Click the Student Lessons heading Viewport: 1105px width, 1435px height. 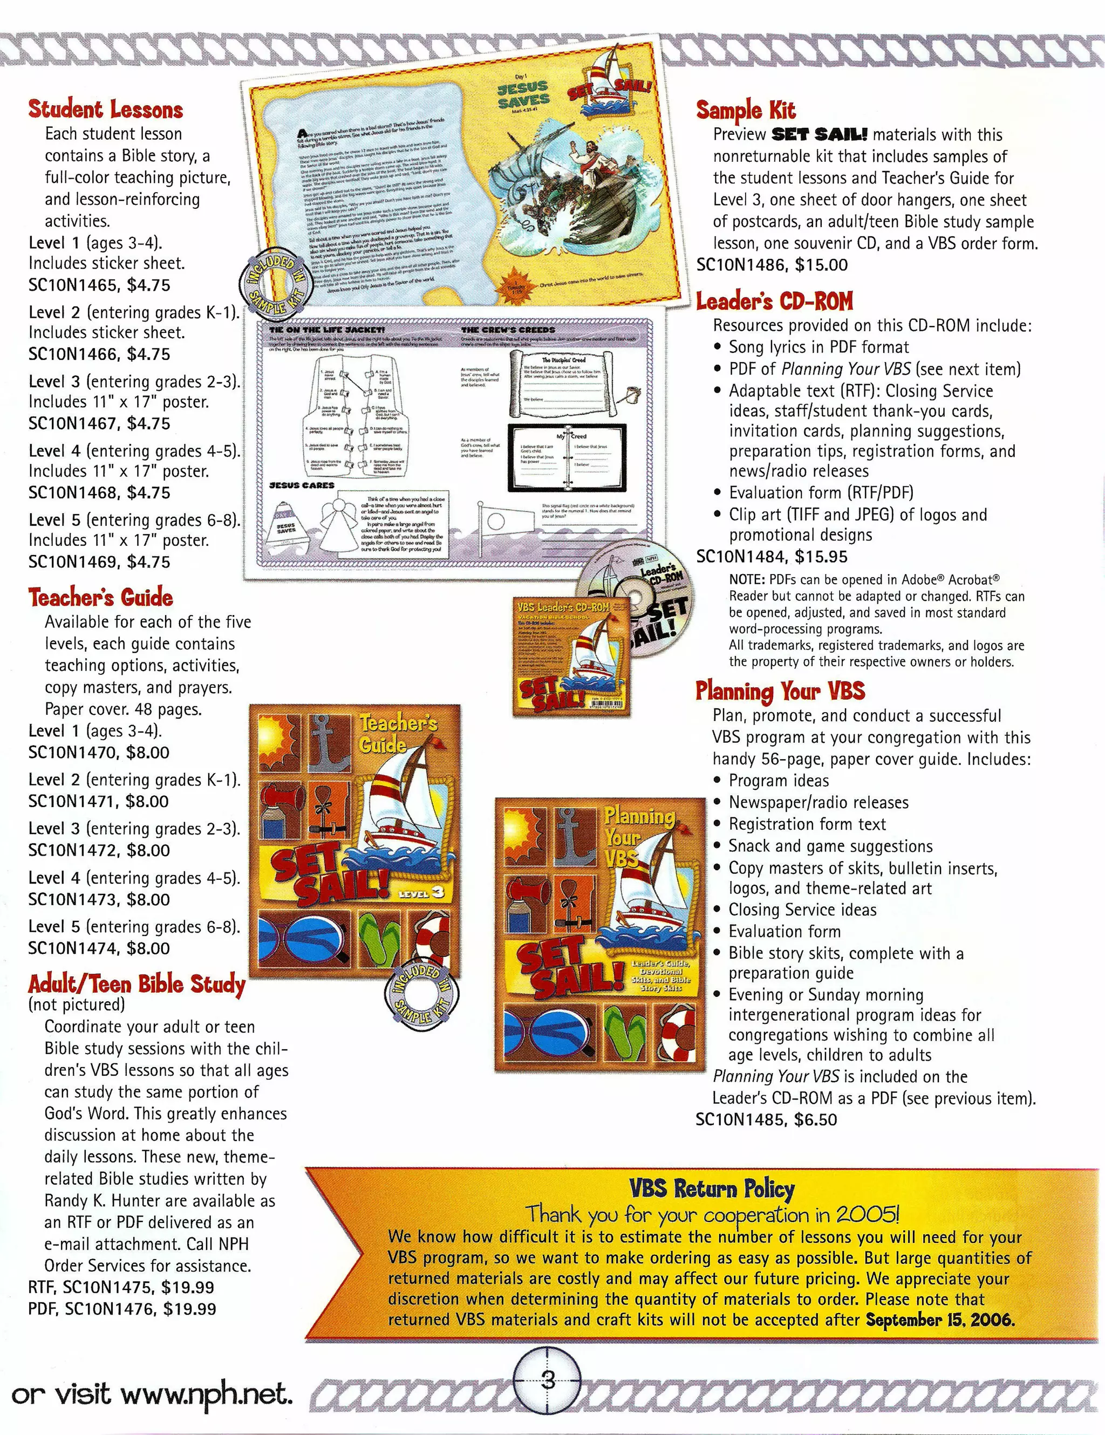(x=105, y=109)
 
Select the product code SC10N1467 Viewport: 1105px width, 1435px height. (x=73, y=424)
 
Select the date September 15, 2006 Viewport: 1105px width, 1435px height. (x=940, y=1320)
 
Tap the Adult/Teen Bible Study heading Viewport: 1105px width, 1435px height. (x=137, y=983)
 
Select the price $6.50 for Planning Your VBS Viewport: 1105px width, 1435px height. (x=815, y=1119)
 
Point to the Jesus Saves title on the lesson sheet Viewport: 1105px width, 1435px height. (x=523, y=94)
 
